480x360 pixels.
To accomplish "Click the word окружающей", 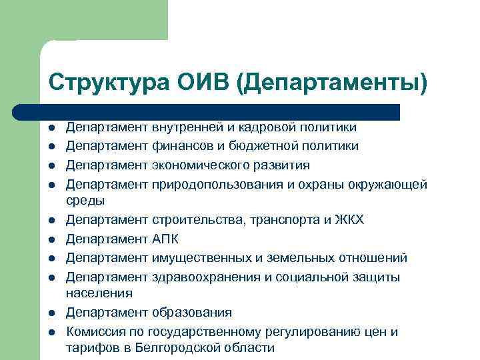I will (388, 183).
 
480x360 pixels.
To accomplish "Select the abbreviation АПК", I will (167, 239).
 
